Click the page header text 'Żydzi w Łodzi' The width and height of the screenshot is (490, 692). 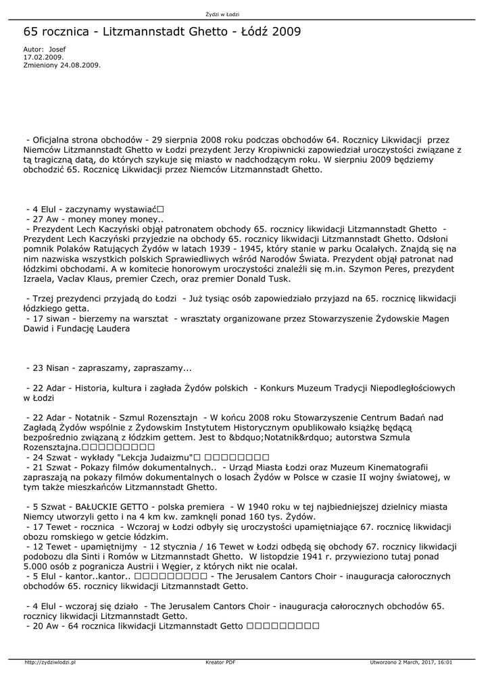(222, 14)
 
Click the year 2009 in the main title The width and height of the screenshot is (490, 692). (284, 32)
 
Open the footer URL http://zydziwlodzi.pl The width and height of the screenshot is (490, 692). (50, 663)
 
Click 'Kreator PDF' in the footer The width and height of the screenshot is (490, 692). (220, 663)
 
